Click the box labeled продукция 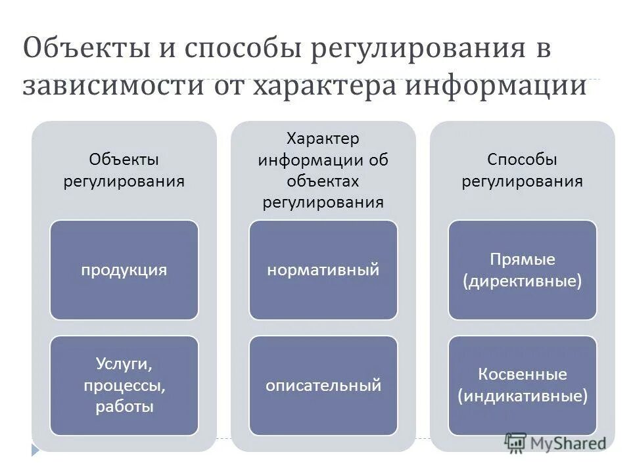pos(124,270)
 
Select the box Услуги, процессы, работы pos(124,385)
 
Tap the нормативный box pos(323,270)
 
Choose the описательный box pos(323,385)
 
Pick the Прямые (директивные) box pos(523,270)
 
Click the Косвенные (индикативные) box pos(523,385)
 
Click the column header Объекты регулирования pos(124,169)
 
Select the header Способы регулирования pos(523,169)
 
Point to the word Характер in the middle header pos(323,140)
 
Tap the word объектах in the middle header pos(323,181)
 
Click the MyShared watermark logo pos(555,442)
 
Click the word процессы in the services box pos(124,385)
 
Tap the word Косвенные pos(523,374)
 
